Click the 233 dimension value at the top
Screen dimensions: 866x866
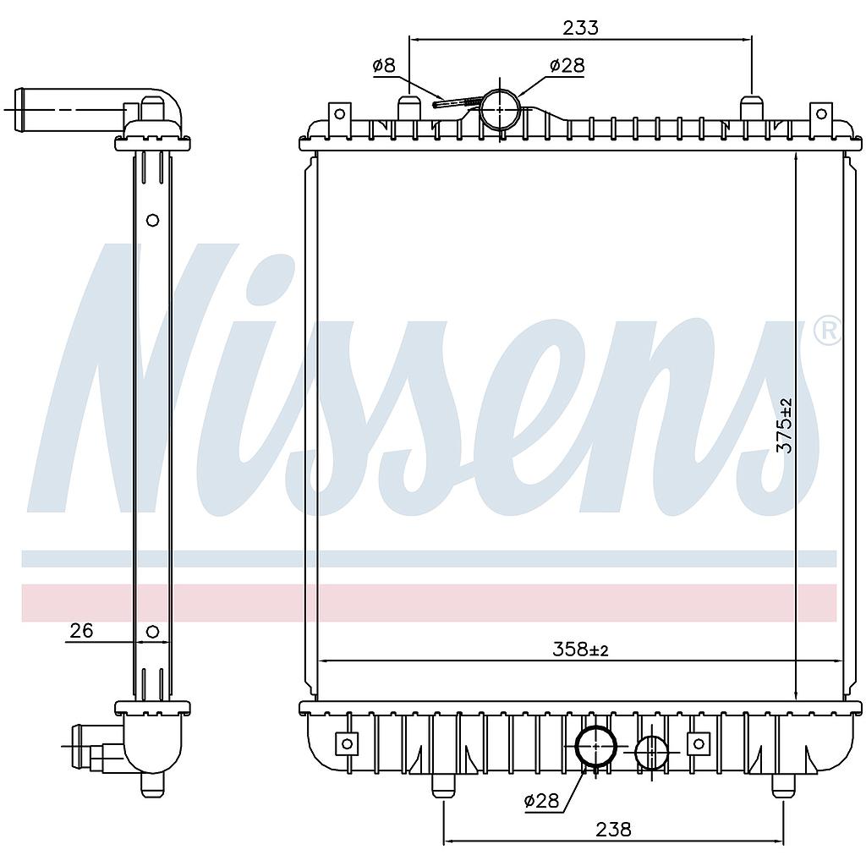(x=580, y=28)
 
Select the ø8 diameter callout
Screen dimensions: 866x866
(x=385, y=66)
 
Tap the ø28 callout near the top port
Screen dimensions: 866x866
(x=567, y=66)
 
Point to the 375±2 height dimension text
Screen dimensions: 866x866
(x=784, y=426)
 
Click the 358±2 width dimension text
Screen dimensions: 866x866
(x=580, y=650)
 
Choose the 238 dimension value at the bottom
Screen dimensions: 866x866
(x=613, y=829)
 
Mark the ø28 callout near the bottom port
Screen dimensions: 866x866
(x=541, y=800)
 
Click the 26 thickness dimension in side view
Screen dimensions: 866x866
(x=82, y=630)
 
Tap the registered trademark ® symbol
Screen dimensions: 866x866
(x=827, y=332)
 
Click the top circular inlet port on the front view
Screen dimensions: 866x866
(x=501, y=110)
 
